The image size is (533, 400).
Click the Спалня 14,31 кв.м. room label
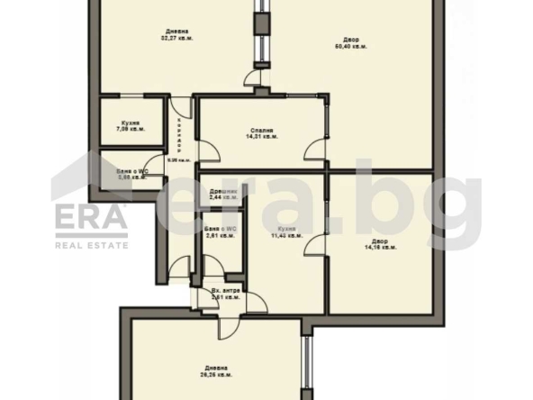click(263, 133)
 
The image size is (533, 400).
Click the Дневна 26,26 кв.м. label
click(214, 371)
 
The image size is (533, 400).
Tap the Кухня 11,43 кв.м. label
click(287, 234)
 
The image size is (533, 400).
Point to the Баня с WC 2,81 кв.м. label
click(219, 234)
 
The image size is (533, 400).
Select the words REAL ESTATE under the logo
click(93, 245)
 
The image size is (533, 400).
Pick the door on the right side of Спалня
click(316, 152)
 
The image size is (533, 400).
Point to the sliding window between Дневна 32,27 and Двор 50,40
click(259, 36)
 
